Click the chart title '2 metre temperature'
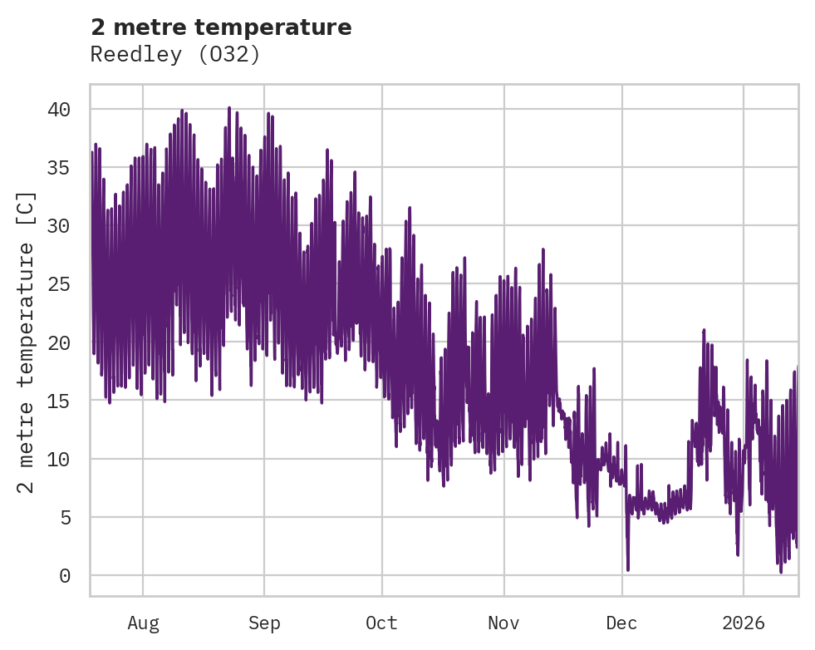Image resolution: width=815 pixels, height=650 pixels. pyautogui.click(x=221, y=27)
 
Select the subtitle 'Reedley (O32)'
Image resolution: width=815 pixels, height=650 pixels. pyautogui.click(x=175, y=55)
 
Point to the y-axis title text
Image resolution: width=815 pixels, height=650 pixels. pyautogui.click(x=27, y=342)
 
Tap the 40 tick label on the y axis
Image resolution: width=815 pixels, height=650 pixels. pyautogui.click(x=58, y=110)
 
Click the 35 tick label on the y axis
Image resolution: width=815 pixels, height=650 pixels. pyautogui.click(x=58, y=168)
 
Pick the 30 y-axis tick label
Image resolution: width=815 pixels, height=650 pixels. pyautogui.click(x=58, y=226)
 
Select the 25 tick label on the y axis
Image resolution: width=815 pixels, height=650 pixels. pyautogui.click(x=58, y=284)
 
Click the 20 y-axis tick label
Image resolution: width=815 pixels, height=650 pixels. pyautogui.click(x=58, y=342)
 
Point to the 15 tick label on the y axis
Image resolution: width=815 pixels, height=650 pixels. pyautogui.click(x=58, y=401)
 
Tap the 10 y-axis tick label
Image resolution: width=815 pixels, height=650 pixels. pyautogui.click(x=58, y=459)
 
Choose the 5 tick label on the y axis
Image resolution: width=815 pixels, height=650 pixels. pyautogui.click(x=64, y=517)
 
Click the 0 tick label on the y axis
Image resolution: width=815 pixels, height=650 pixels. pyautogui.click(x=64, y=575)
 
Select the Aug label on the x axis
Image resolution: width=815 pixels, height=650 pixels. pyautogui.click(x=143, y=623)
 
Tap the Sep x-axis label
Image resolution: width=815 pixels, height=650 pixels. pyautogui.click(x=264, y=623)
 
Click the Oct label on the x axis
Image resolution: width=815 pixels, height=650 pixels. pyautogui.click(x=382, y=623)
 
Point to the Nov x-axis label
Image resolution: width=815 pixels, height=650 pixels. pyautogui.click(x=503, y=623)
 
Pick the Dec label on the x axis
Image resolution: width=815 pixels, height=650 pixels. pyautogui.click(x=622, y=623)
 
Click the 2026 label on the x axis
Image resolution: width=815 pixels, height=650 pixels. pyautogui.click(x=744, y=623)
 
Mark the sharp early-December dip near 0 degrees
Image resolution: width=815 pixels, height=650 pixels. pyautogui.click(x=628, y=569)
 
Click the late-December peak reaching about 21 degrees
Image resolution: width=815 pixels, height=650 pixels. pyautogui.click(x=704, y=331)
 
